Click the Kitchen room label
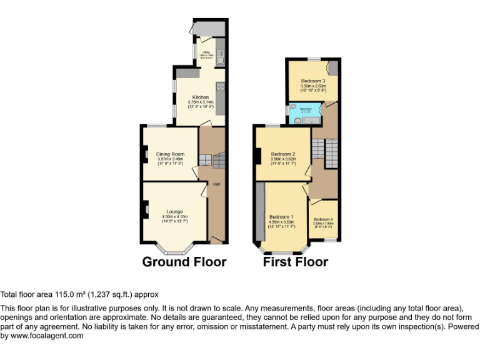point(201,97)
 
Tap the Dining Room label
point(170,154)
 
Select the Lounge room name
point(174,211)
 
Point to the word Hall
point(217,184)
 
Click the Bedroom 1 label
point(281,216)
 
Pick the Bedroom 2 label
point(283,154)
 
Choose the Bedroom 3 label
point(313,81)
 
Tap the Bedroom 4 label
point(323,219)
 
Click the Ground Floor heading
point(184,261)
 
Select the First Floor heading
point(295,261)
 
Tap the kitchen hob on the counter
point(220,87)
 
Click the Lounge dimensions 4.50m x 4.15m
point(174,216)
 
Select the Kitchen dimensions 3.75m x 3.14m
point(201,102)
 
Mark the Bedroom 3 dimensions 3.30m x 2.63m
point(313,86)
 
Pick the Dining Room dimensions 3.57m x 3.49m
point(170,159)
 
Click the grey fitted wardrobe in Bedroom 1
point(259,212)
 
